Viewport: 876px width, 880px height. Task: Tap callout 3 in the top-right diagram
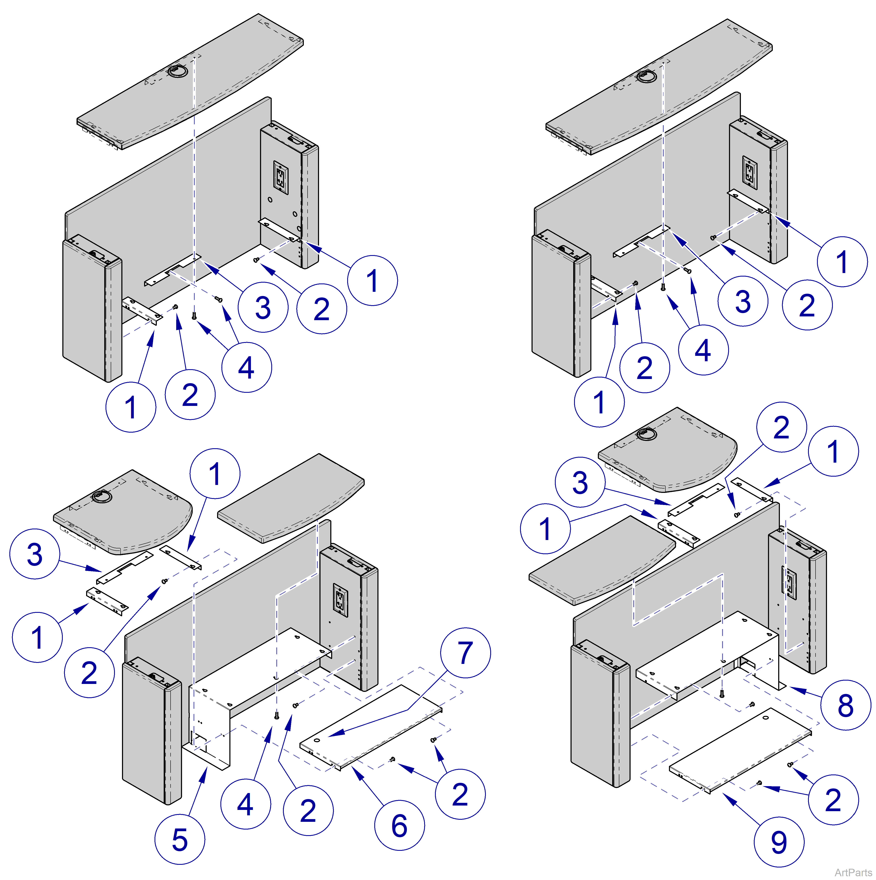pos(743,301)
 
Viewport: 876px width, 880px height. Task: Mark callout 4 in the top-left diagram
pos(246,367)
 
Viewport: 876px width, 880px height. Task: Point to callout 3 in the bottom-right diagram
pos(580,482)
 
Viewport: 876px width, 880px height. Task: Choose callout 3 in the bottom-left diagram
pos(35,554)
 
